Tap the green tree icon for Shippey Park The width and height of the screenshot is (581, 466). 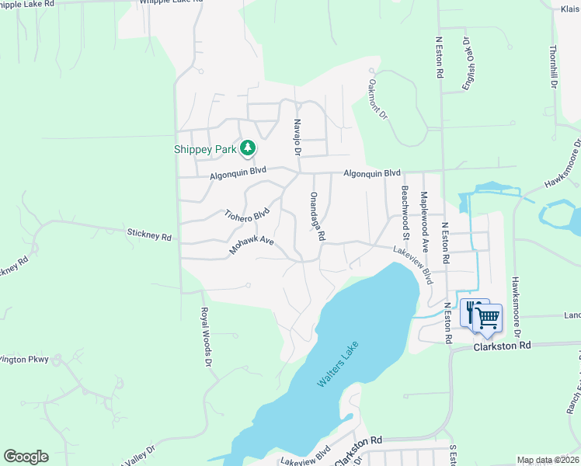pos(248,147)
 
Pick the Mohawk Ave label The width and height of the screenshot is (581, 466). pos(252,245)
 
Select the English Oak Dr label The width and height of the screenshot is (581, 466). pos(468,61)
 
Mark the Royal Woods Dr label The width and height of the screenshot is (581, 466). pos(205,336)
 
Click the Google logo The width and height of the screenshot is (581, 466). pos(26,457)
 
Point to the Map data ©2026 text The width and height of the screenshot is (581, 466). pos(548,460)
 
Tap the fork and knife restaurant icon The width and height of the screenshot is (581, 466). pos(471,312)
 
